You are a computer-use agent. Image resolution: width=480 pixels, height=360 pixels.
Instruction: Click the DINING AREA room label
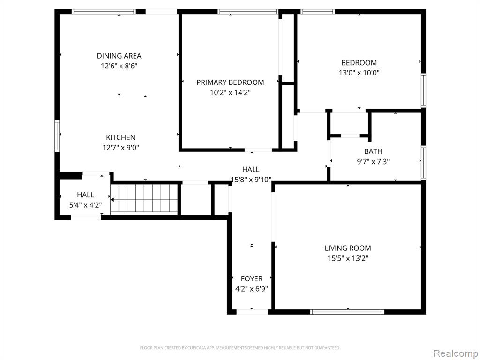point(119,56)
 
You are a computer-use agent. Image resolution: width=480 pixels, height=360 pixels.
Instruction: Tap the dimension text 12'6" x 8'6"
point(119,66)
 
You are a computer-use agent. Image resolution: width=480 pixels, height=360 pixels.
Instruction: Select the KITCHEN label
point(120,137)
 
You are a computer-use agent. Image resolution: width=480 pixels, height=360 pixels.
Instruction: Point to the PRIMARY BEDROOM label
point(230,82)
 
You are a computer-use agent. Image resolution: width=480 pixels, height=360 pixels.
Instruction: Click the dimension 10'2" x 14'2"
point(230,92)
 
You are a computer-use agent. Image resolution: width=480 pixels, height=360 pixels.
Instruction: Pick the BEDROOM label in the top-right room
point(359,62)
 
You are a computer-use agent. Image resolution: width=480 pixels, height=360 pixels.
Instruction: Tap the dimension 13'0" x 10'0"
point(359,73)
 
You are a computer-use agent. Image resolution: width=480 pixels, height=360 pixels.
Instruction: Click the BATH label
point(373,151)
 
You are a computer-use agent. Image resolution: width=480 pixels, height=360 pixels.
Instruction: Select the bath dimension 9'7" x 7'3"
point(373,161)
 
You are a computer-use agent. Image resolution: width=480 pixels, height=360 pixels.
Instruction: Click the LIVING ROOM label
point(348,248)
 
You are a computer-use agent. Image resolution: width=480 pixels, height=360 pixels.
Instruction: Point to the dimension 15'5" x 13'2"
point(348,258)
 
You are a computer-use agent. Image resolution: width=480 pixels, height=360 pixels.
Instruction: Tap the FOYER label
point(252,278)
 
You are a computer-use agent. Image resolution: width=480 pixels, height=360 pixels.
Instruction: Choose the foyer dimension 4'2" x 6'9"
point(252,289)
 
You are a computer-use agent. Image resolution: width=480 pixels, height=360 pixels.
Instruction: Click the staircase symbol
point(144,199)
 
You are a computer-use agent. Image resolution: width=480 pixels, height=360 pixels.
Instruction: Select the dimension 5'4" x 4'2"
point(85,205)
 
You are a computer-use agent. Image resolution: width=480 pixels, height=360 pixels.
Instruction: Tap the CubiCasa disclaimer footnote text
point(240,348)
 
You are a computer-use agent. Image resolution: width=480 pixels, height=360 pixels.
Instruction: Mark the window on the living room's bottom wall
point(347,311)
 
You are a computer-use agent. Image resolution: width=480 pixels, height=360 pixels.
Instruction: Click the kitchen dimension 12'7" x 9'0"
point(120,148)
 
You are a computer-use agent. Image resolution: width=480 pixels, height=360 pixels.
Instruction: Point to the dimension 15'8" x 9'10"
point(251,180)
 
